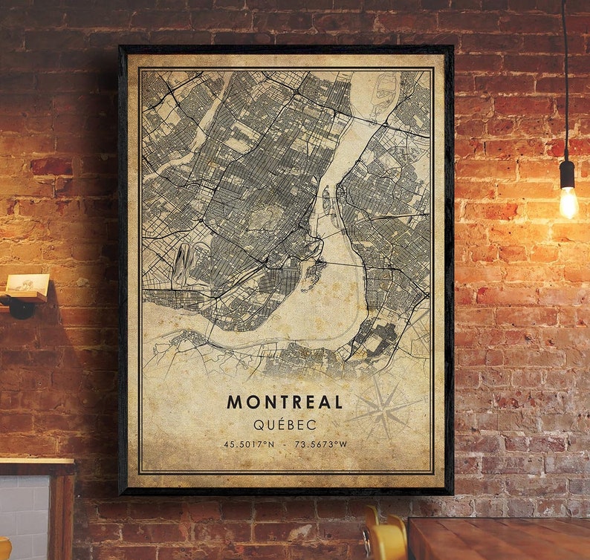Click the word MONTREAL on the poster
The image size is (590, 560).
click(285, 402)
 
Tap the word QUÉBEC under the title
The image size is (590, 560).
click(285, 424)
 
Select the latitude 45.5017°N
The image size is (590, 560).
click(250, 444)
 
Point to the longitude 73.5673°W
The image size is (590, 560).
click(320, 444)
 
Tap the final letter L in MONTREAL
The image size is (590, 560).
click(338, 402)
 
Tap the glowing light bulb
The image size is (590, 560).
click(568, 201)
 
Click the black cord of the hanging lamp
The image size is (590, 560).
click(565, 74)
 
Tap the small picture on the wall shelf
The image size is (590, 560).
click(27, 284)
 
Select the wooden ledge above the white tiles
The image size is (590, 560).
click(37, 467)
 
